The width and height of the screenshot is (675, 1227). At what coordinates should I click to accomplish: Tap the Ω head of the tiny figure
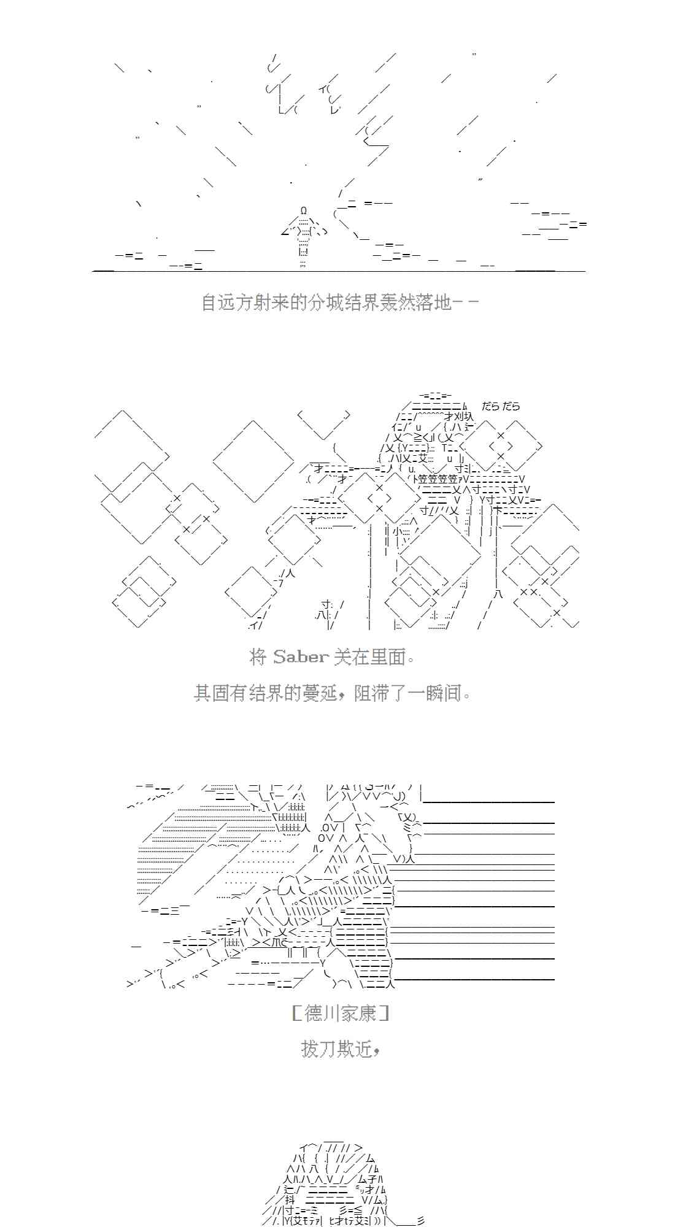[304, 211]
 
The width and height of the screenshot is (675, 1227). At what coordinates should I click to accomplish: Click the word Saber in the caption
[300, 657]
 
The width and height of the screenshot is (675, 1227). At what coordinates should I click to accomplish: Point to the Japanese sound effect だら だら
[501, 406]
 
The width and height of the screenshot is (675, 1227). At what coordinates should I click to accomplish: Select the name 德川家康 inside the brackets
[341, 1013]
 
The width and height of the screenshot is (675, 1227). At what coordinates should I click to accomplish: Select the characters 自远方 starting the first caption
[228, 302]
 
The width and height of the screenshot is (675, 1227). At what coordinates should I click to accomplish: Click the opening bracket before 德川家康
[296, 1013]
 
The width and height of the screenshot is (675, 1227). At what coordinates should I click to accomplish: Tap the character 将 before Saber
[258, 657]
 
